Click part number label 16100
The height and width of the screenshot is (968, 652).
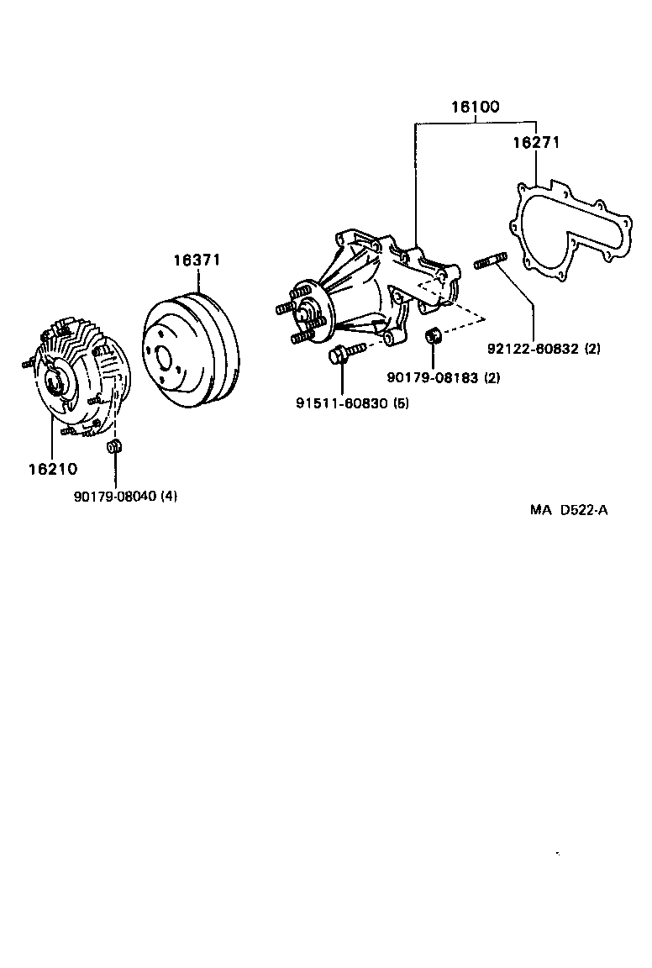pyautogui.click(x=475, y=107)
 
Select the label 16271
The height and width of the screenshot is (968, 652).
pyautogui.click(x=536, y=144)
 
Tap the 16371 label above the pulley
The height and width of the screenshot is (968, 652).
pyautogui.click(x=197, y=260)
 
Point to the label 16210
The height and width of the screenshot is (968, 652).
pyautogui.click(x=53, y=468)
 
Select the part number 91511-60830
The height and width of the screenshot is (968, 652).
pyautogui.click(x=339, y=402)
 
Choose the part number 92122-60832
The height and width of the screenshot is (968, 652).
pyautogui.click(x=534, y=349)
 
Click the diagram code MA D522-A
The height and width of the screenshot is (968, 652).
pyautogui.click(x=568, y=509)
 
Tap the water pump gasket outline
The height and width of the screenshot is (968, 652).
pyautogui.click(x=571, y=227)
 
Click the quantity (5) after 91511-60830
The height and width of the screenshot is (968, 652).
pyautogui.click(x=401, y=402)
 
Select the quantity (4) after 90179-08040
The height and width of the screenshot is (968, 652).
pyautogui.click(x=169, y=496)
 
